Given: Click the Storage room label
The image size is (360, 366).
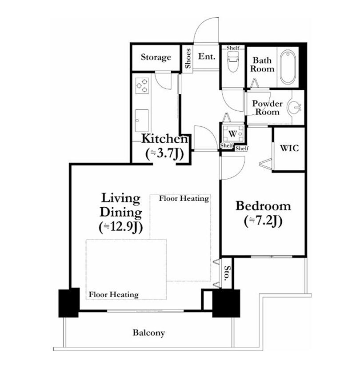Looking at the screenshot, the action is click(x=156, y=57).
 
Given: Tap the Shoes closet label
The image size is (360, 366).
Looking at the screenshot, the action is click(x=188, y=58).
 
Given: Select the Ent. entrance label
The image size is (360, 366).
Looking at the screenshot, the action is click(x=207, y=56).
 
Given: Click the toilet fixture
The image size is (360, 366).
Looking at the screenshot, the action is click(x=232, y=61).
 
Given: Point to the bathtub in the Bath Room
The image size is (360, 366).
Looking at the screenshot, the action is click(x=288, y=67).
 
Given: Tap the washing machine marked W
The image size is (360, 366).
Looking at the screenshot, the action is click(x=232, y=134).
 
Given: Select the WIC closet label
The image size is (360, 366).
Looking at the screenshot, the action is click(x=289, y=148).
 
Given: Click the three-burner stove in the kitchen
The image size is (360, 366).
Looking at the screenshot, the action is click(x=142, y=85).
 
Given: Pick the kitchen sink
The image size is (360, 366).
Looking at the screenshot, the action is click(x=142, y=121).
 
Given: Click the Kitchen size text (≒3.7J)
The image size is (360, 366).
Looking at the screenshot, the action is click(x=164, y=154).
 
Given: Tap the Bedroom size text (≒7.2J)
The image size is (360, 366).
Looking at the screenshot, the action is click(x=263, y=221).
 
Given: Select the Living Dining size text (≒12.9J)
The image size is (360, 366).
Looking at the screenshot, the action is click(x=120, y=227).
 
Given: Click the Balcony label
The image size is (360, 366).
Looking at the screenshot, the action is click(x=148, y=333).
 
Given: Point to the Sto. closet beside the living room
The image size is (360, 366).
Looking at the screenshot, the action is click(x=226, y=273).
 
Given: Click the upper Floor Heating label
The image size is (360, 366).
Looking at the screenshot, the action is click(x=184, y=199).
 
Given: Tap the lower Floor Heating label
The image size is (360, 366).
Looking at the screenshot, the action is click(x=114, y=294).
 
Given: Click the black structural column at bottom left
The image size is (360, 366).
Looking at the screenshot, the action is click(x=69, y=302).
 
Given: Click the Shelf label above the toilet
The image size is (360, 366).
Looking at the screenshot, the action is click(x=232, y=48).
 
